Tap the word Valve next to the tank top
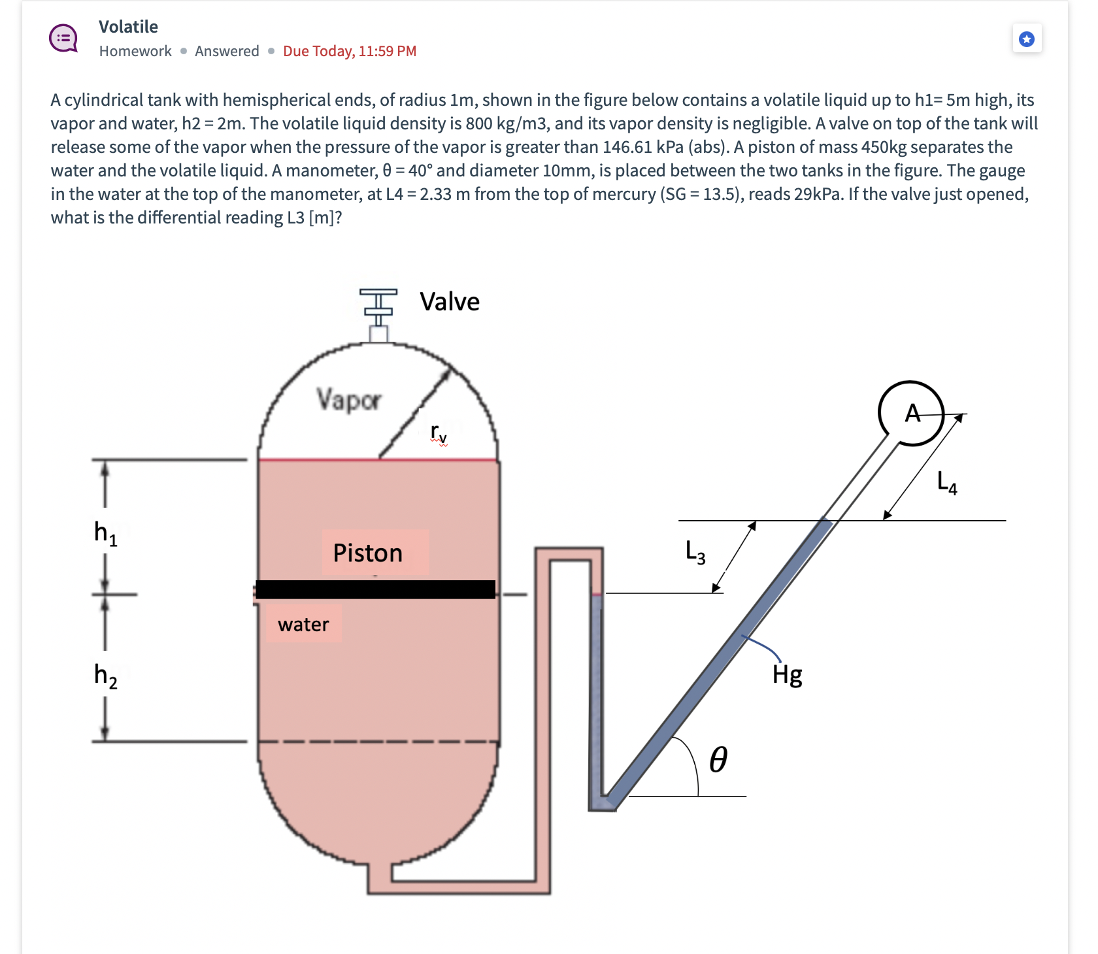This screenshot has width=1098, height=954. (450, 302)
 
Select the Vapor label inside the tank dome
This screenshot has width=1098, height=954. (349, 399)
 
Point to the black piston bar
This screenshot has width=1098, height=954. (375, 589)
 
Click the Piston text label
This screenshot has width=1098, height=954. (368, 553)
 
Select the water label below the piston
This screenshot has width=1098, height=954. (303, 625)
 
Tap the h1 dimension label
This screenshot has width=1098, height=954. (105, 533)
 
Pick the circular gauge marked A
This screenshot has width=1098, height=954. (911, 413)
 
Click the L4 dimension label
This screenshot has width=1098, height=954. (946, 483)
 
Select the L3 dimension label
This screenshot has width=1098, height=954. (695, 551)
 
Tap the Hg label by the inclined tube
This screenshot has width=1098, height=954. (787, 674)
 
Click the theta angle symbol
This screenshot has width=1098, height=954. (718, 759)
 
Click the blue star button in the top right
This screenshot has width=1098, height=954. (1027, 39)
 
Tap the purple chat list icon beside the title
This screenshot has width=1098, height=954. (64, 38)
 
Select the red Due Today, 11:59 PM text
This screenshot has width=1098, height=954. (350, 51)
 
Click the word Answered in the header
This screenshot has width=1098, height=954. (227, 51)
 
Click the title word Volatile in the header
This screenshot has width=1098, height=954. (128, 27)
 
